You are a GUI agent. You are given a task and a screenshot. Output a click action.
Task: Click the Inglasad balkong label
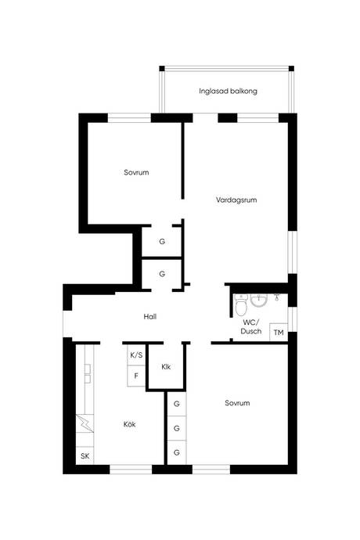tap(228, 92)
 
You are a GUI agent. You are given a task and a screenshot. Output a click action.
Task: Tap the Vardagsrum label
tap(236, 200)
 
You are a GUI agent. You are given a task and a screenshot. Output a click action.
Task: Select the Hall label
tap(150, 316)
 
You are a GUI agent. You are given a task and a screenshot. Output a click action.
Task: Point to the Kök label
tap(130, 424)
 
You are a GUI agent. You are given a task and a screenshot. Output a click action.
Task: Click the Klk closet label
tap(166, 367)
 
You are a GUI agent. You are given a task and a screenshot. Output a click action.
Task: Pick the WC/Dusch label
tap(251, 327)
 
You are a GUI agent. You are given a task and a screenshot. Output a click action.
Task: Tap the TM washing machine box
tap(279, 333)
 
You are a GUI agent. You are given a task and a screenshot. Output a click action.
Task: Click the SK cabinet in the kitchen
tap(85, 455)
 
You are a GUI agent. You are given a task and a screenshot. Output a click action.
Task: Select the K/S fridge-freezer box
tap(136, 355)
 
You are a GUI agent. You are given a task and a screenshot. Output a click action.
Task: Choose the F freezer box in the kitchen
tap(136, 376)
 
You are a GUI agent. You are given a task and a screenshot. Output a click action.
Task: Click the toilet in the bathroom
tap(241, 304)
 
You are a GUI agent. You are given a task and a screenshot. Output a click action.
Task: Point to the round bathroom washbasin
tap(259, 301)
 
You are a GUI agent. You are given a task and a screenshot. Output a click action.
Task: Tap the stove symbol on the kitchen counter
tap(85, 423)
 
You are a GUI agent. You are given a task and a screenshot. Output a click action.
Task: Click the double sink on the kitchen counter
tap(88, 374)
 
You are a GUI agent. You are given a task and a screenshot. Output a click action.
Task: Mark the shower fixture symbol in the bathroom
tap(276, 297)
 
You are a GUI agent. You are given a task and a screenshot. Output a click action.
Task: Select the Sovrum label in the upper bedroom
tap(136, 172)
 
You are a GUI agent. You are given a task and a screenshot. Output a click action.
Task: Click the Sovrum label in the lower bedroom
tap(237, 403)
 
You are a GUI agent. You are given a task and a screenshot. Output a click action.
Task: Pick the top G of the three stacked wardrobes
tap(177, 404)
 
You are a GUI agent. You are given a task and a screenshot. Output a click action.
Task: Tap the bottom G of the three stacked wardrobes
tap(177, 452)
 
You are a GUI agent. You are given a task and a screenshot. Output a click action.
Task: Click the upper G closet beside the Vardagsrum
tap(162, 242)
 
